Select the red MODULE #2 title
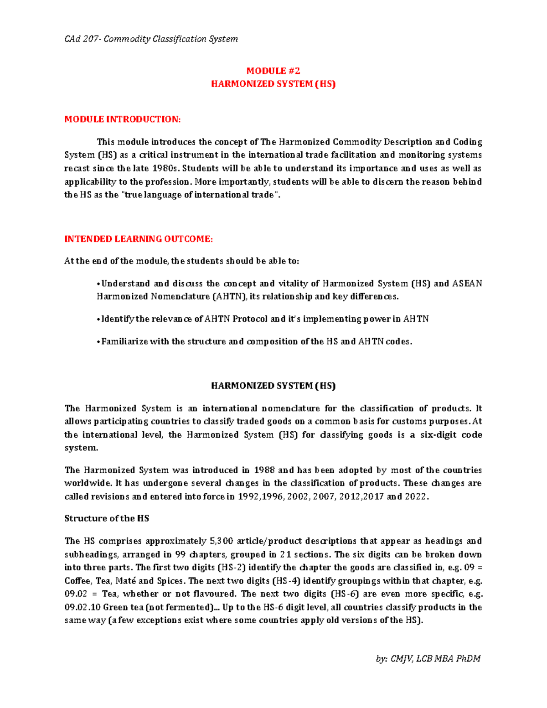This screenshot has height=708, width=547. click(273, 71)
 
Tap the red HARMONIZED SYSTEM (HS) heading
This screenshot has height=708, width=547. click(273, 84)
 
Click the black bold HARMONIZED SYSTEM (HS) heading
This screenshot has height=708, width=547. click(273, 386)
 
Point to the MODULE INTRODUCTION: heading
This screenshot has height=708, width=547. click(123, 119)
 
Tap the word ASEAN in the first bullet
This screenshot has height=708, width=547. click(467, 284)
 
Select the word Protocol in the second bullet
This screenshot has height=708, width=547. click(250, 319)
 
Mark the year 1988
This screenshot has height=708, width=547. click(264, 470)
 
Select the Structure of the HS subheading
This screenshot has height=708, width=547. click(107, 518)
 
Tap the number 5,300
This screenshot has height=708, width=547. click(221, 541)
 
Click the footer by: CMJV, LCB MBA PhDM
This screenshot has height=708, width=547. click(428, 659)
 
